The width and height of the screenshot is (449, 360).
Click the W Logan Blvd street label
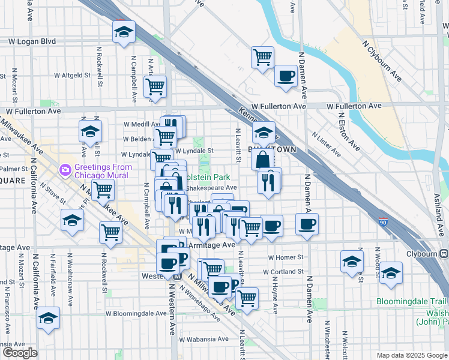pos(32,41)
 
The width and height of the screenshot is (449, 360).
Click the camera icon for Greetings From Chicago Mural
pos(64,170)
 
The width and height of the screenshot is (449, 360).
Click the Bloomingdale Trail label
pos(412,301)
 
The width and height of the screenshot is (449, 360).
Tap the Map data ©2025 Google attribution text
pos(411,355)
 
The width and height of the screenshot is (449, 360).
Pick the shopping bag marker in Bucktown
pos(263,159)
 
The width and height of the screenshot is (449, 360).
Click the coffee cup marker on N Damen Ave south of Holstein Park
pos(307,225)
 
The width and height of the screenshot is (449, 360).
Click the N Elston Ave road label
pos(348,131)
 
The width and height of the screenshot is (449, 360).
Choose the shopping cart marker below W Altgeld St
pos(155,86)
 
